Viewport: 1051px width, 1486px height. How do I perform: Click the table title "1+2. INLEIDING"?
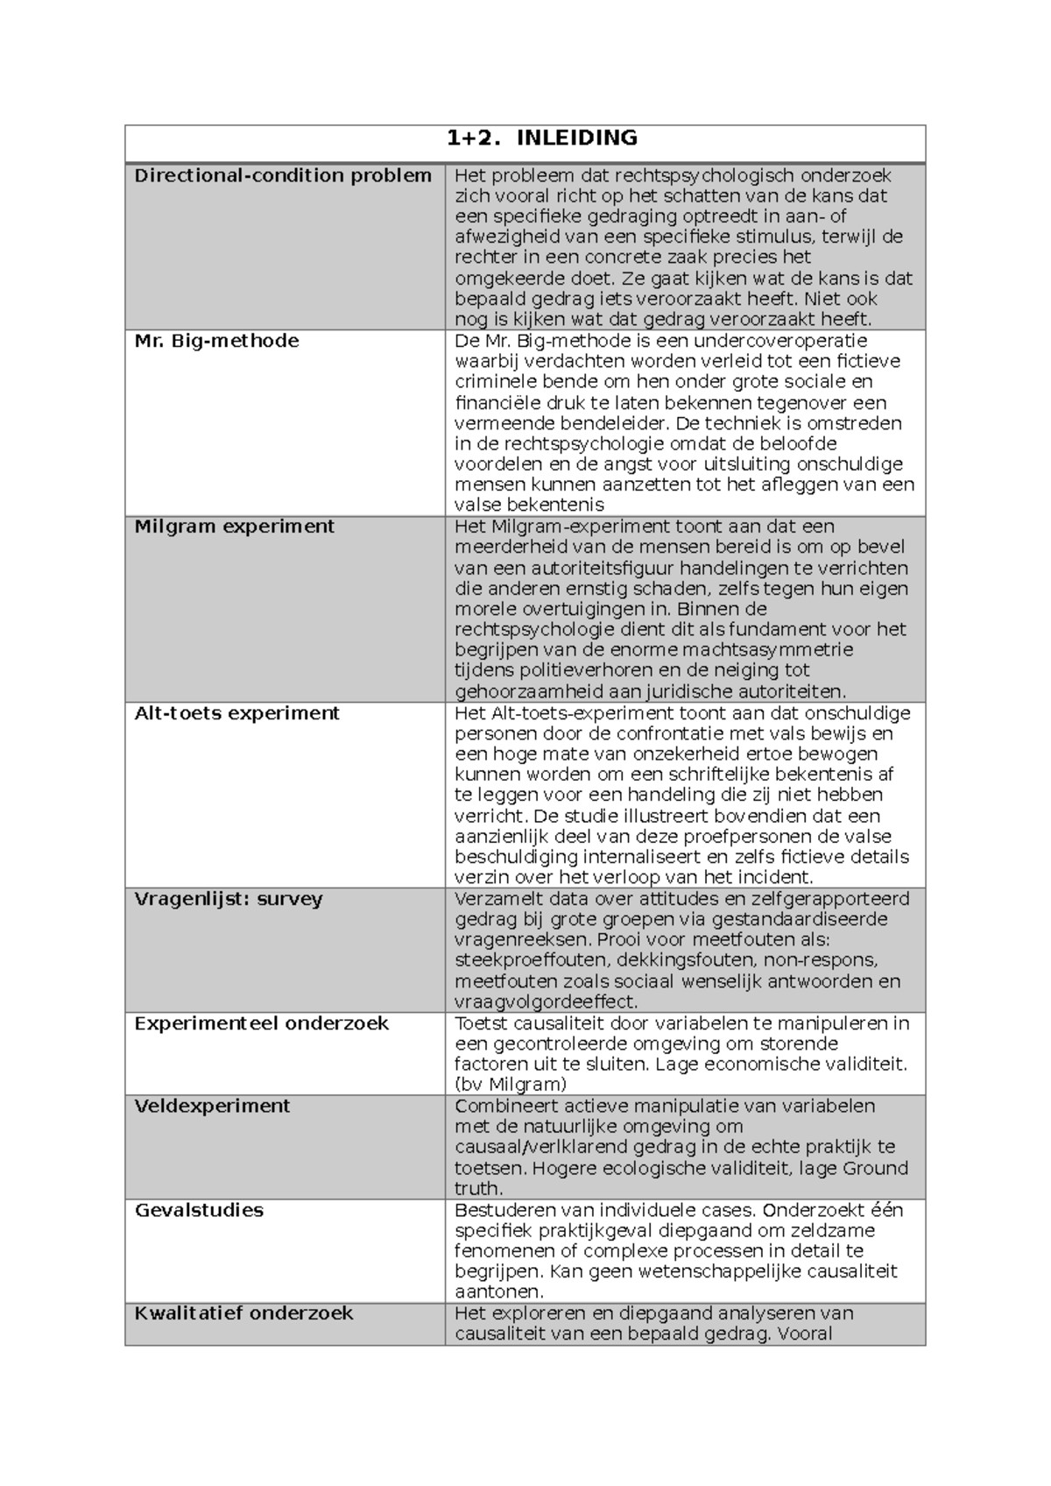point(541,138)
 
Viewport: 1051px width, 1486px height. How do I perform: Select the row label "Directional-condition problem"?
point(283,175)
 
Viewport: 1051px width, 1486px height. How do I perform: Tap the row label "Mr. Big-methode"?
point(216,341)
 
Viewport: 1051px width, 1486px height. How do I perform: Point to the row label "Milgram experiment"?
point(234,527)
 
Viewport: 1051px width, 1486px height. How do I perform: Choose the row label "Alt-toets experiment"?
point(236,713)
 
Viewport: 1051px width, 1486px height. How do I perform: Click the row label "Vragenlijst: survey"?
point(229,899)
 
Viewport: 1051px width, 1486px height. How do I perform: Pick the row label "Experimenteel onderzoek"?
point(261,1023)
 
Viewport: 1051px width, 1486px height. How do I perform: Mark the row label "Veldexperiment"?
point(212,1106)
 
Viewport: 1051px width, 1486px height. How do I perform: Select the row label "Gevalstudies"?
point(199,1210)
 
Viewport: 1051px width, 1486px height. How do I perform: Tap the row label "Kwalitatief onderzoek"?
point(243,1313)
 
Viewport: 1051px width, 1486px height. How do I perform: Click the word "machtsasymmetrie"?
point(767,650)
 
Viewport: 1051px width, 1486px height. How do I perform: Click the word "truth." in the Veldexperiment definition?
point(479,1189)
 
